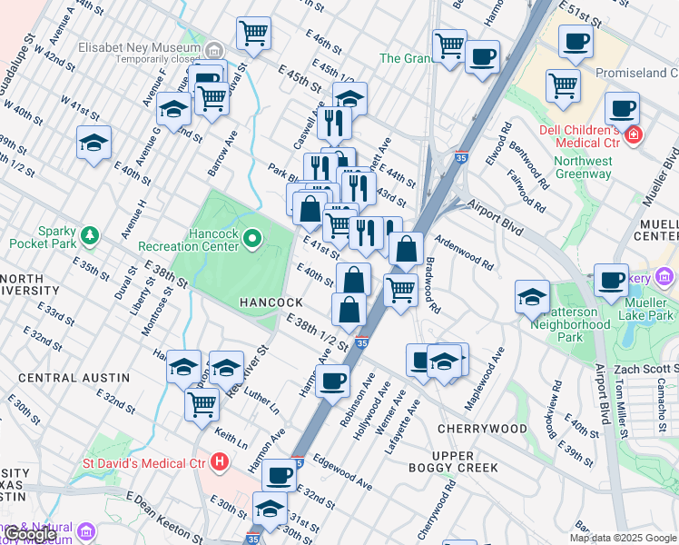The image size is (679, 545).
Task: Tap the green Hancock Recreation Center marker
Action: click(x=252, y=240)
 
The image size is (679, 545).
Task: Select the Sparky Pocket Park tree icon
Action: click(x=89, y=237)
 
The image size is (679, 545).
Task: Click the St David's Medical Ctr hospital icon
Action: click(x=218, y=462)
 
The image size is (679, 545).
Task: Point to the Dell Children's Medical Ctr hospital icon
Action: click(x=634, y=136)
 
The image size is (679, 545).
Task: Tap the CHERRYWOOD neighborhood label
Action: click(x=481, y=428)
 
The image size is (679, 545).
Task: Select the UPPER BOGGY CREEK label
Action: click(x=465, y=461)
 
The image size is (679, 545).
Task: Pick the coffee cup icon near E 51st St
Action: click(x=575, y=41)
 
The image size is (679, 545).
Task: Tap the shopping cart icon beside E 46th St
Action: click(x=253, y=34)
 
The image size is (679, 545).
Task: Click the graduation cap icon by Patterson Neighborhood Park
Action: click(x=532, y=296)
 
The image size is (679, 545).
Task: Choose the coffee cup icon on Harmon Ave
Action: click(x=333, y=380)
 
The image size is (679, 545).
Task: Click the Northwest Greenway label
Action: click(x=583, y=168)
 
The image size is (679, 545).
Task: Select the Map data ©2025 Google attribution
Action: click(x=623, y=538)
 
